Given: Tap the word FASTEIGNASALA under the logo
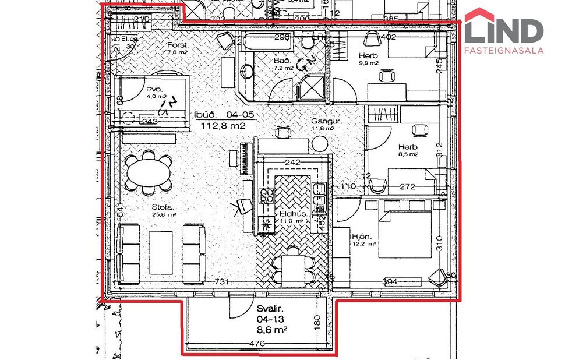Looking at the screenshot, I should click(x=504, y=51).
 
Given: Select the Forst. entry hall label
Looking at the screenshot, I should click(x=176, y=45).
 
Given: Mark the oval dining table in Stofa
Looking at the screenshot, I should click(x=149, y=173).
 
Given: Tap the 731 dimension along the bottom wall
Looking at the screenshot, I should click(x=220, y=282).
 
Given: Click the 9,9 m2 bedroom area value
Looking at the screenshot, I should click(x=369, y=63).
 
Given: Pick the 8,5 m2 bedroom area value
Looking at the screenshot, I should click(x=408, y=154).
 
